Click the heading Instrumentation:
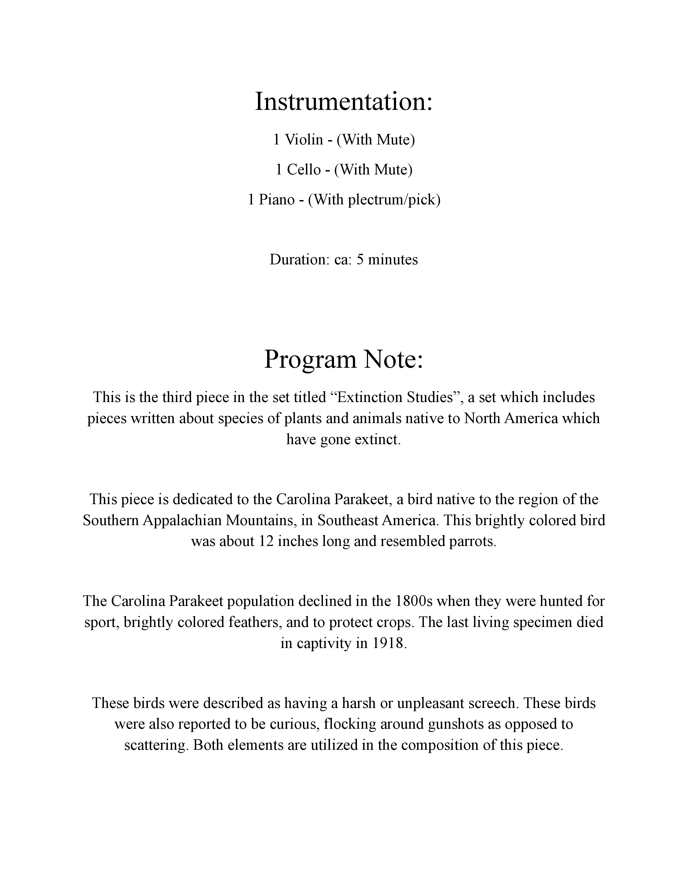coord(343,102)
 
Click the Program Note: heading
coord(343,359)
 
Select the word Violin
coord(304,140)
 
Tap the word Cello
coord(304,170)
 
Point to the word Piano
coord(277,200)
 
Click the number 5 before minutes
coord(360,259)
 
